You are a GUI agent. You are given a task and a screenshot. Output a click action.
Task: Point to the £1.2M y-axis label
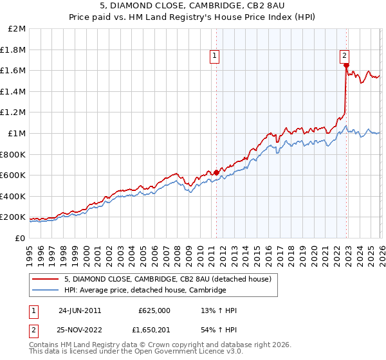coord(14,113)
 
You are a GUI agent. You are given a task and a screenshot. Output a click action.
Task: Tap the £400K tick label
coord(14,196)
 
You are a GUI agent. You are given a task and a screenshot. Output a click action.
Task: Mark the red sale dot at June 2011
coord(216,172)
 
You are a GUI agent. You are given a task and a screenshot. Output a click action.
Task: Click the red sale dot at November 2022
coord(346,66)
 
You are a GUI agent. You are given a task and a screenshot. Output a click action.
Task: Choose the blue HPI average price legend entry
coord(145,290)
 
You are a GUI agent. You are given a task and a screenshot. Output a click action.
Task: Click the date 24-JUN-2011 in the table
coord(79,310)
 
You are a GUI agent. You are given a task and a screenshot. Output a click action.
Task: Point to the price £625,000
coord(154,310)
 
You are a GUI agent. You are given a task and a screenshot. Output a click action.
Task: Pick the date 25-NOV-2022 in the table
coord(80,331)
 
